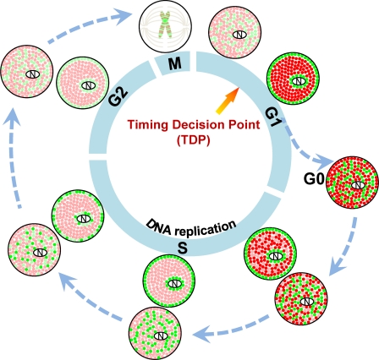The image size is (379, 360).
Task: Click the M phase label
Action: pyautogui.click(x=175, y=64)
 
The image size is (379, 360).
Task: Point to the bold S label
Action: pyautogui.click(x=183, y=248)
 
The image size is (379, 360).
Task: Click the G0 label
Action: pyautogui.click(x=314, y=179)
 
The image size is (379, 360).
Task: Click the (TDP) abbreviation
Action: pyautogui.click(x=194, y=140)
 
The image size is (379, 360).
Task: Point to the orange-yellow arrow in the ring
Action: pyautogui.click(x=228, y=101)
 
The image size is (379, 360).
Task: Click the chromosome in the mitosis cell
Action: pyautogui.click(x=166, y=25)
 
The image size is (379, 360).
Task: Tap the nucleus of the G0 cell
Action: pyautogui.click(x=359, y=185)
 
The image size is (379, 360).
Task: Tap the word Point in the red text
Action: pyautogui.click(x=243, y=124)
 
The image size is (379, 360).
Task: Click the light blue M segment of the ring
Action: pyautogui.click(x=175, y=64)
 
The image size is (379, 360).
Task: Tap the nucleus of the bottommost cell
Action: pyautogui.click(x=162, y=335)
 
